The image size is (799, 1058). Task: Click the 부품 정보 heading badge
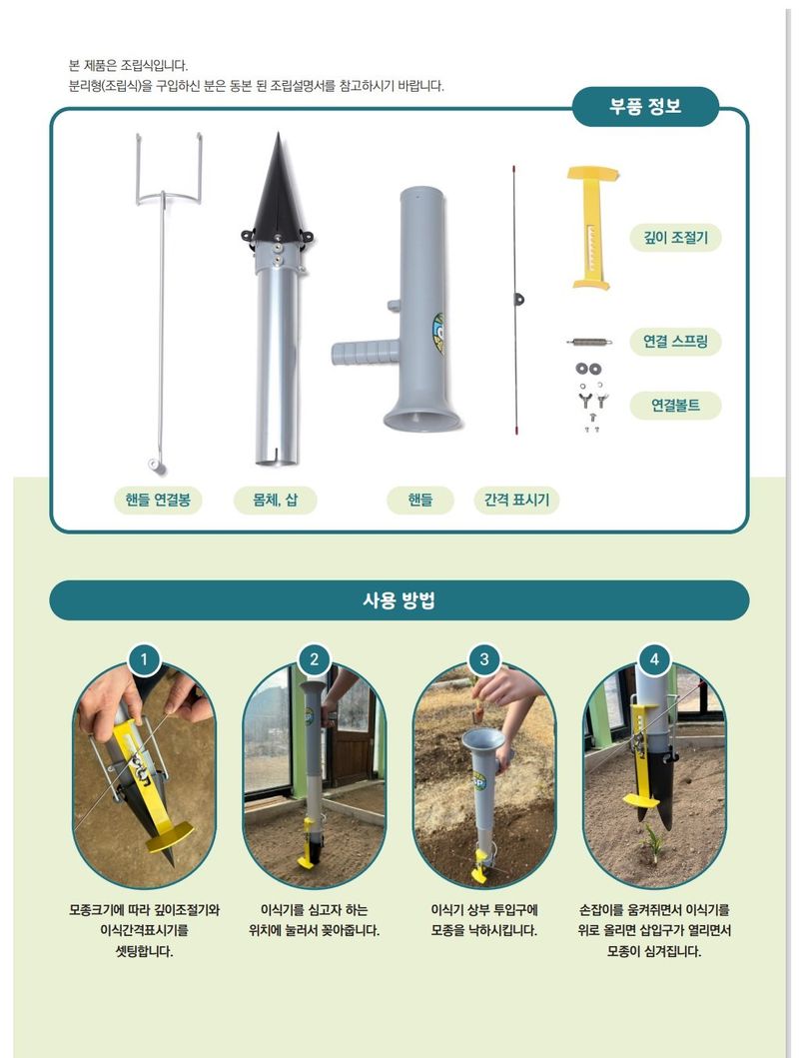645,107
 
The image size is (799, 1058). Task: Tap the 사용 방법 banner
399,600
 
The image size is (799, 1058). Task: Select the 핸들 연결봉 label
158,500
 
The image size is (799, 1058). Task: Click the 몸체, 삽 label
276,500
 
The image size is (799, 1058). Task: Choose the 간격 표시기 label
516,500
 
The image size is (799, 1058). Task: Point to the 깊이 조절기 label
675,237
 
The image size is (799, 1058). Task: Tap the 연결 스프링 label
675,342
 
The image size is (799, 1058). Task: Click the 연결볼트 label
675,406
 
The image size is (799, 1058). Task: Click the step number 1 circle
145,659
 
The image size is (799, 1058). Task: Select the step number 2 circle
315,659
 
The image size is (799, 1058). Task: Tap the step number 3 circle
484,659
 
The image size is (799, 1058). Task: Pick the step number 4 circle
654,659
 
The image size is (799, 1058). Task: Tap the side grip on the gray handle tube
362,352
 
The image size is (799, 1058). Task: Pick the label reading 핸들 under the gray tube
420,500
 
